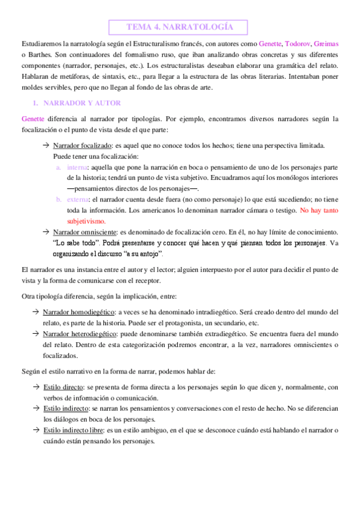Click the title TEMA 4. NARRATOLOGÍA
click(x=180, y=27)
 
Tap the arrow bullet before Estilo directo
click(x=37, y=387)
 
